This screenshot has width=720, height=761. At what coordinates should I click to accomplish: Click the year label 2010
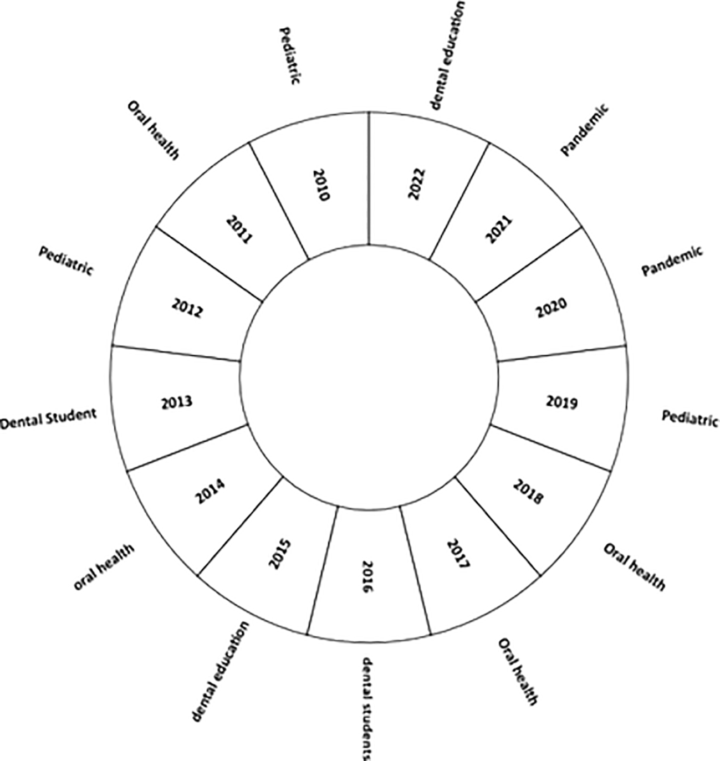(x=321, y=185)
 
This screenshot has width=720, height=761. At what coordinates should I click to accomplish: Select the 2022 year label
(x=417, y=184)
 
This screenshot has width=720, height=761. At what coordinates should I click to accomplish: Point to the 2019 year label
(x=561, y=402)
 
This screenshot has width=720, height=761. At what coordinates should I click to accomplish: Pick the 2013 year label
(x=176, y=402)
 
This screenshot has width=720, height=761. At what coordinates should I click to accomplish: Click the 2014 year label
(x=211, y=492)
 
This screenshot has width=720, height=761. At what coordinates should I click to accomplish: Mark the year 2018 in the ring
(x=528, y=492)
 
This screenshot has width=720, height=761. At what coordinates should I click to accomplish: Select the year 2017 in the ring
(x=458, y=555)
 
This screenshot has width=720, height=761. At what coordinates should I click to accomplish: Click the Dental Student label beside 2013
(x=48, y=419)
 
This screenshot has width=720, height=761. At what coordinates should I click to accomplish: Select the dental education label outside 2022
(x=447, y=55)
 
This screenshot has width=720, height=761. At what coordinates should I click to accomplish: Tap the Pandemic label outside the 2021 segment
(x=585, y=130)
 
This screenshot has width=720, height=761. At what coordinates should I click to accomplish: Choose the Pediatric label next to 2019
(x=690, y=419)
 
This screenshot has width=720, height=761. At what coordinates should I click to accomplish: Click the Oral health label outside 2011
(x=154, y=130)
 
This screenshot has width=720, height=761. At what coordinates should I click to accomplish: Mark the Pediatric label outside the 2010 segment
(x=290, y=56)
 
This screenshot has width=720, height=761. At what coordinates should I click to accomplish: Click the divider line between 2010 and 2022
(x=369, y=178)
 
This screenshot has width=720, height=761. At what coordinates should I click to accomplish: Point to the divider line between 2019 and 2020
(x=561, y=353)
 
